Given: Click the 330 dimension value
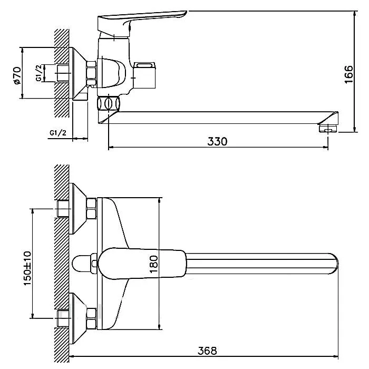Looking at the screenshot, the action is (x=217, y=141).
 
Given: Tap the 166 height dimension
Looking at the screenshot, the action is (x=349, y=74).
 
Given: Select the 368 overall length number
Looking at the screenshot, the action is (x=207, y=351).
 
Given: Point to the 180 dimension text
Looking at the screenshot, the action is (x=153, y=264).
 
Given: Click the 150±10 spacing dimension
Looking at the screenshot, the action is (x=27, y=268).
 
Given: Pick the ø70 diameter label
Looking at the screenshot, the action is (x=17, y=75).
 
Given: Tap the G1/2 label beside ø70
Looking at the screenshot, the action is (x=39, y=73).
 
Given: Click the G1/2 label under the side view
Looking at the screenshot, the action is (x=58, y=133).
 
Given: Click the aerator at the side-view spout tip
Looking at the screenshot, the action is (x=328, y=129).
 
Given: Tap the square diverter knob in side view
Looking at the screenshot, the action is (x=144, y=75).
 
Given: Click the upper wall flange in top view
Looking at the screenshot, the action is (x=78, y=209).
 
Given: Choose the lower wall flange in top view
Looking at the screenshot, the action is (x=78, y=318).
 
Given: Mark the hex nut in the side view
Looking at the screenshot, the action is (x=92, y=73).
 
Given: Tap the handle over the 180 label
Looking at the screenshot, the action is (x=142, y=264).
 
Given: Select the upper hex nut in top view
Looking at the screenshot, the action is (x=92, y=209).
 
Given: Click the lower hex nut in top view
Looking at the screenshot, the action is (x=92, y=318).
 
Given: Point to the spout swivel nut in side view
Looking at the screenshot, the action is (x=109, y=103).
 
